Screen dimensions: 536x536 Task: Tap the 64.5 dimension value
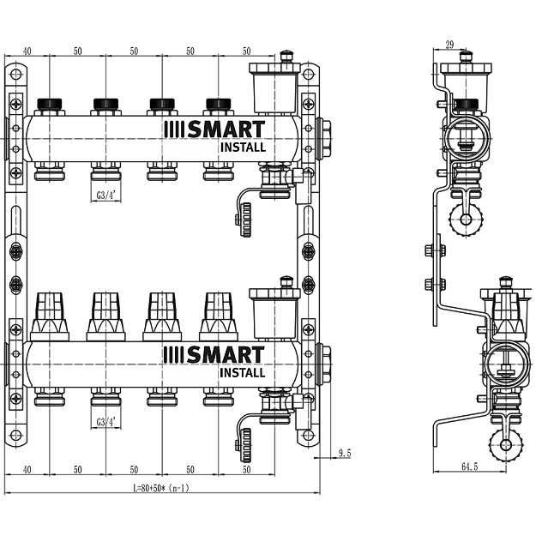click(469, 467)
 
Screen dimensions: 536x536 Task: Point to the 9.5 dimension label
click(345, 452)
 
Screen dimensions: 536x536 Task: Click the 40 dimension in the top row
click(27, 51)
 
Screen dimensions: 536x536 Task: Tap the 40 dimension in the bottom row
click(27, 470)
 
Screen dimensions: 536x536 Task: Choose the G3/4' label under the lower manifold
click(106, 422)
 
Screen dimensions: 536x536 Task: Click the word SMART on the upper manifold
click(226, 129)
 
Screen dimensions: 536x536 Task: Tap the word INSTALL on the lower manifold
click(242, 373)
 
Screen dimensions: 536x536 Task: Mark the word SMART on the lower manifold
click(226, 355)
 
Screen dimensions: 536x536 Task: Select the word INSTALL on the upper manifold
click(242, 147)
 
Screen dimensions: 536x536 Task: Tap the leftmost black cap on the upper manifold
click(50, 105)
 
